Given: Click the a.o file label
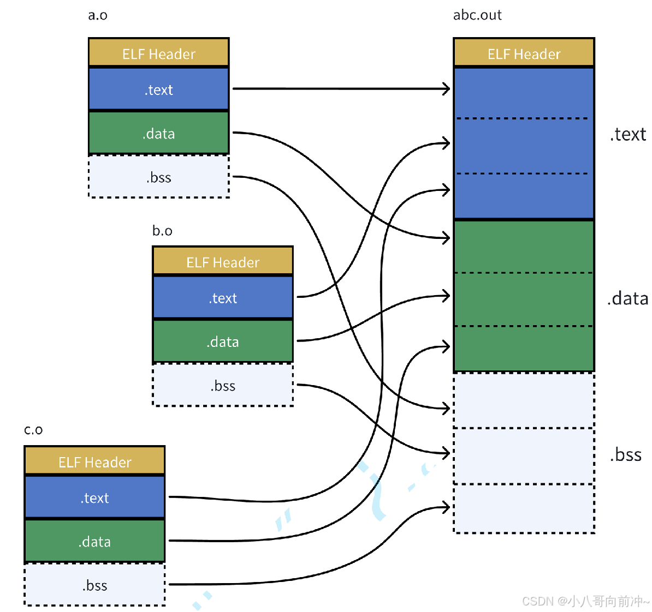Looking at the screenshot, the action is point(98,15).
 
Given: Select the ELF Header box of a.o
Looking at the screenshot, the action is point(159,52).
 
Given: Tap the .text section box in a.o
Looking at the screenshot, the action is point(159,89).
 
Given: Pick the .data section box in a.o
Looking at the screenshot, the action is point(159,133).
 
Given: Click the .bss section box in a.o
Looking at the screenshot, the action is point(159,177).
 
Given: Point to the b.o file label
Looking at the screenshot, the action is point(162,231).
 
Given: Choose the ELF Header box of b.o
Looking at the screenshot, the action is point(223,261).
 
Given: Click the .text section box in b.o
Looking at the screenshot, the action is point(223,297).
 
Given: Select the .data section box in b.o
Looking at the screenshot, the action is point(223,341).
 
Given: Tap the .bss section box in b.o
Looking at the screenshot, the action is point(223,385).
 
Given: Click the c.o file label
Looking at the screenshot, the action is point(33,430).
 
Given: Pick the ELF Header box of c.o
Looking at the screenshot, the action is point(95,461).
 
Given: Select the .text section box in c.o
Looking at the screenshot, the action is point(95,497).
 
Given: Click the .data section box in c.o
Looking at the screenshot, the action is point(95,541).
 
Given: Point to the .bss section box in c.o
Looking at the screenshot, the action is point(95,585).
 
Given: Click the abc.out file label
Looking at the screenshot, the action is point(477,15).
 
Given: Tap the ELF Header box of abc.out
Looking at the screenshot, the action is point(524,52).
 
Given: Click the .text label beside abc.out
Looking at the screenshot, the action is point(628,134).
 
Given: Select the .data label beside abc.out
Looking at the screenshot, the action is point(627,298).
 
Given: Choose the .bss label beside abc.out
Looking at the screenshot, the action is point(626,454).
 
